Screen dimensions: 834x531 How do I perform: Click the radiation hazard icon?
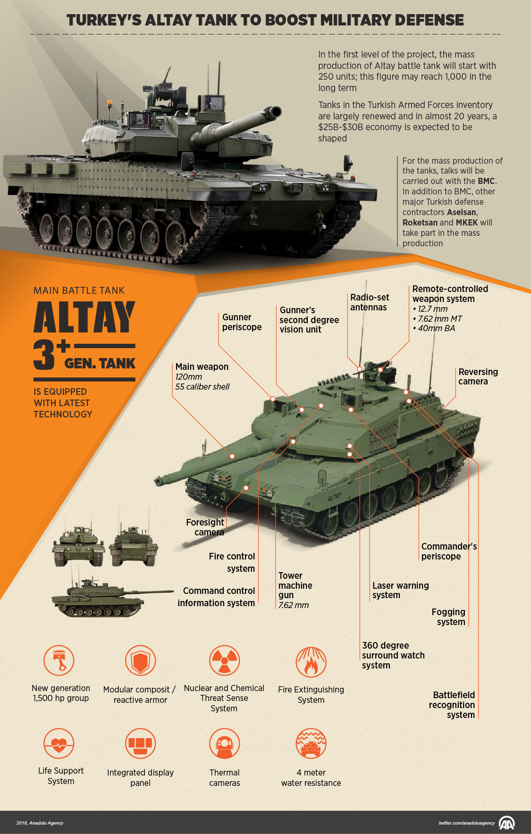tap(225, 660)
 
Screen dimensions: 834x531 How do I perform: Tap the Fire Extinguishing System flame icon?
tap(311, 661)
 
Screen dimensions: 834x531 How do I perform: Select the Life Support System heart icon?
tap(59, 744)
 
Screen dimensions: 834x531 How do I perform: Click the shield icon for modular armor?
tap(140, 660)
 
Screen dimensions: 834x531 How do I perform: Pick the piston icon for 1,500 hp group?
tap(59, 660)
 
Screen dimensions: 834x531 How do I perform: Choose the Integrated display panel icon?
tap(140, 744)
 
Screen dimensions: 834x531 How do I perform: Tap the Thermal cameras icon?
tap(225, 744)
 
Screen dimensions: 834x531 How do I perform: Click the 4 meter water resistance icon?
tap(311, 744)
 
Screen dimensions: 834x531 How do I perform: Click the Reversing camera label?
tap(478, 376)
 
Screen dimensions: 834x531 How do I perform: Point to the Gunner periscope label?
tap(242, 322)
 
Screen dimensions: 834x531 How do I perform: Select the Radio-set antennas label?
tap(370, 302)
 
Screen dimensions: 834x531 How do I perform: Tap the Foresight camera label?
tap(205, 527)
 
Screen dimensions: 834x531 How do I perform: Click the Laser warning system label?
tap(400, 590)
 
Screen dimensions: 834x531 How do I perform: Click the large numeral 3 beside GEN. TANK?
tap(45, 354)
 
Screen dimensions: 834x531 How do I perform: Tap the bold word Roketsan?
tap(420, 223)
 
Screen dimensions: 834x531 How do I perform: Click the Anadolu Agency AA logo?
tap(506, 823)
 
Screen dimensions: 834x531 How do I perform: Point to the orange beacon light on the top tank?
tap(110, 102)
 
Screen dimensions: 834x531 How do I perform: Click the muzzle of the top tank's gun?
tap(275, 112)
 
